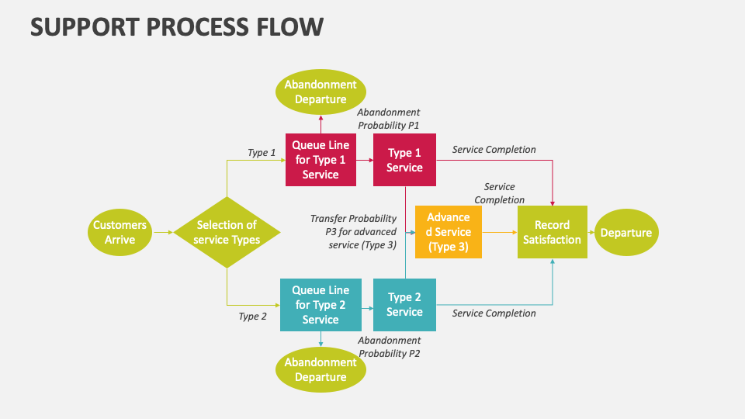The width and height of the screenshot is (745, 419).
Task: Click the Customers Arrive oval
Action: (x=120, y=232)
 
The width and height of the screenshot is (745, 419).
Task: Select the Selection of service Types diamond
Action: (x=227, y=232)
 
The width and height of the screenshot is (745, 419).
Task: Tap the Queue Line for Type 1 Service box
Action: (x=321, y=160)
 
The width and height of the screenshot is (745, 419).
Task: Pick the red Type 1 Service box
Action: (x=404, y=160)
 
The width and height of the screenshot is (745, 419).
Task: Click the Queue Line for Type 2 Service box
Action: (x=321, y=305)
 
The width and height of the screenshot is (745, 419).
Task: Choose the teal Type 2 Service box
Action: (x=404, y=304)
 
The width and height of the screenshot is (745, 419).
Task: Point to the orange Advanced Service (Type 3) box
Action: (x=449, y=232)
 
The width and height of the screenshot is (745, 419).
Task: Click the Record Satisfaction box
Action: (x=552, y=232)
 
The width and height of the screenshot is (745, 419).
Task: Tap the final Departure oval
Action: (x=625, y=232)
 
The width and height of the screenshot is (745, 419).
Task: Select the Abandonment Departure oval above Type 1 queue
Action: (x=321, y=92)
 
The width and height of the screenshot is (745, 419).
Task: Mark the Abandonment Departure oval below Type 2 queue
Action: (x=321, y=369)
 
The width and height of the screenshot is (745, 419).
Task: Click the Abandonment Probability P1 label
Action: (x=389, y=119)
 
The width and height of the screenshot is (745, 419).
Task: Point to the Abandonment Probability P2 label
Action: (x=389, y=347)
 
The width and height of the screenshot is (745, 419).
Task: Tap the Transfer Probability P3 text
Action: (x=354, y=232)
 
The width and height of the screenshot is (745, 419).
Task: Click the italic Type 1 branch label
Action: (x=262, y=152)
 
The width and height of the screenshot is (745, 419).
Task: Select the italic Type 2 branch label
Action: (x=252, y=316)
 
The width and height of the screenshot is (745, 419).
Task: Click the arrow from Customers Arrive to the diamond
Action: (x=162, y=232)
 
